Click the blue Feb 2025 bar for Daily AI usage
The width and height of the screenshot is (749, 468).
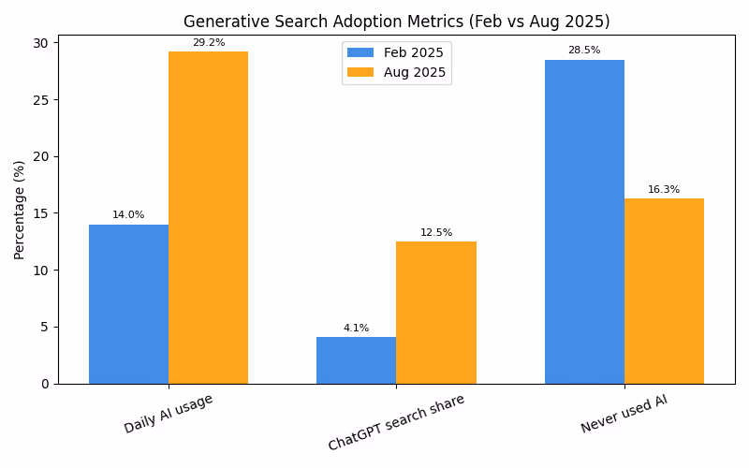click(x=128, y=304)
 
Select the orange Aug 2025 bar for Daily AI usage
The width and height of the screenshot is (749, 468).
click(x=208, y=217)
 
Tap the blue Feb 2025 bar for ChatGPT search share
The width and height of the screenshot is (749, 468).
click(x=356, y=360)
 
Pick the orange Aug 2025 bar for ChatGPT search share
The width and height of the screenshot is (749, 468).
click(x=435, y=313)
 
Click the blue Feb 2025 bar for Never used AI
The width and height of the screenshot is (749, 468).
click(x=584, y=222)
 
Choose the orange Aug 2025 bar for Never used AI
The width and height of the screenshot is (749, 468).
click(x=664, y=291)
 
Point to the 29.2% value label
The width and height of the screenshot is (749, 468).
click(x=208, y=43)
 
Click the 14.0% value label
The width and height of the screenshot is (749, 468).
click(x=128, y=215)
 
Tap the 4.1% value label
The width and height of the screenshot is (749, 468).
click(x=356, y=329)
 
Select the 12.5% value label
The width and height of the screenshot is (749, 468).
click(x=435, y=233)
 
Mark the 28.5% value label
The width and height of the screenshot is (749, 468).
click(x=584, y=51)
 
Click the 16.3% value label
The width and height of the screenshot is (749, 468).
click(x=664, y=190)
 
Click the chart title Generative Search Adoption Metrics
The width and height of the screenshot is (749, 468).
click(x=396, y=22)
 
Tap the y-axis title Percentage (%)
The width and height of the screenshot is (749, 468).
click(x=20, y=210)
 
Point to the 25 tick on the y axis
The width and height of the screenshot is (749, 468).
click(x=42, y=99)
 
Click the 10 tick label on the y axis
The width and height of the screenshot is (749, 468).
click(x=42, y=271)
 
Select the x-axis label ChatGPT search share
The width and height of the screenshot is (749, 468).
click(x=396, y=422)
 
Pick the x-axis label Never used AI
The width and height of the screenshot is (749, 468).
click(x=624, y=414)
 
